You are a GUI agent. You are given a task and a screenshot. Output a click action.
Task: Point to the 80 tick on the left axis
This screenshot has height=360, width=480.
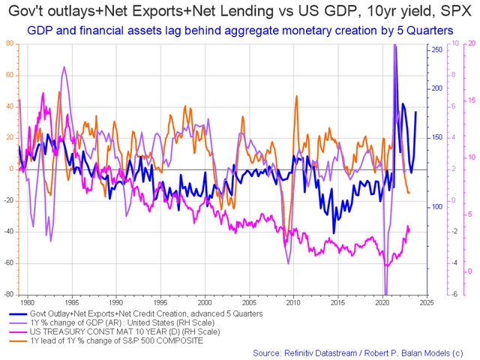[10, 43]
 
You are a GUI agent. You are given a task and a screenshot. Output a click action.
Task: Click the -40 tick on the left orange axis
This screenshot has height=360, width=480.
[8, 232]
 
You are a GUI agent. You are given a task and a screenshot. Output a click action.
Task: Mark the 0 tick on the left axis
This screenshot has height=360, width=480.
[12, 169]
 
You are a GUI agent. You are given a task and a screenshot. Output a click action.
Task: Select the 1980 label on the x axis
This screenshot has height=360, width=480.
[27, 302]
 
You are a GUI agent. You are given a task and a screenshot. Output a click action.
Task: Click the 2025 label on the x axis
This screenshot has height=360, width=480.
[425, 302]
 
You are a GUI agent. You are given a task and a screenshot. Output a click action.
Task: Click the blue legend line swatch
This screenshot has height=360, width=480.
[18, 314]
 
